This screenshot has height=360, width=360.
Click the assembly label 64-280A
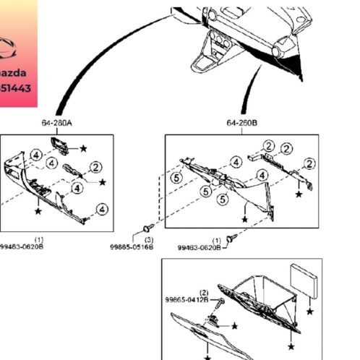[x=56, y=124]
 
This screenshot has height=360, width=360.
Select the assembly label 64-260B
[x=241, y=124]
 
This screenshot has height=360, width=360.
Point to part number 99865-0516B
[x=131, y=246]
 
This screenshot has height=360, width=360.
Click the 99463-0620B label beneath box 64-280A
[x=22, y=246]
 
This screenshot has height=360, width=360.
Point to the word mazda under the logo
[x=17, y=73]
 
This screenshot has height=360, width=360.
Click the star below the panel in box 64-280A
[x=38, y=212]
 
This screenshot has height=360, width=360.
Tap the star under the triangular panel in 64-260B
[x=245, y=219]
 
